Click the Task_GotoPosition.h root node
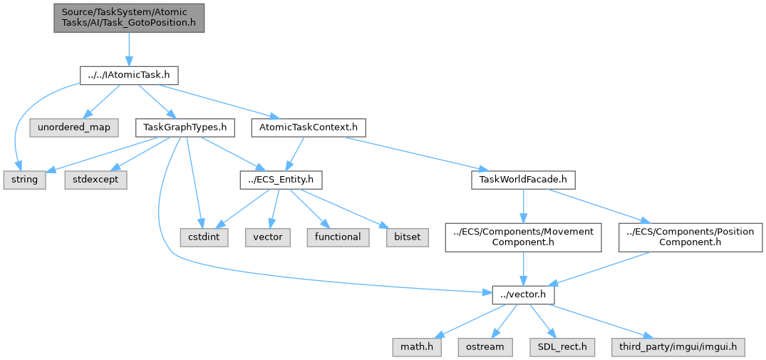pyautogui.click(x=129, y=18)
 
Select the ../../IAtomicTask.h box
pyautogui.click(x=128, y=76)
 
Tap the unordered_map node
pyautogui.click(x=73, y=128)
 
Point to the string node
pyautogui.click(x=25, y=180)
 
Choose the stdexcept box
pyautogui.click(x=95, y=180)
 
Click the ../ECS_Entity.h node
pyautogui.click(x=281, y=180)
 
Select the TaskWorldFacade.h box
pyautogui.click(x=523, y=180)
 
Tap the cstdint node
pyautogui.click(x=205, y=237)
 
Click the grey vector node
pyautogui.click(x=269, y=237)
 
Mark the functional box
pyautogui.click(x=338, y=237)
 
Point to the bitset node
pyautogui.click(x=408, y=237)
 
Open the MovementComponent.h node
pyautogui.click(x=523, y=237)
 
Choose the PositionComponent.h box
pyautogui.click(x=690, y=237)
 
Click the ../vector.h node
pyautogui.click(x=523, y=294)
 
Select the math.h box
pyautogui.click(x=417, y=346)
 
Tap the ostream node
pyautogui.click(x=486, y=346)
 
